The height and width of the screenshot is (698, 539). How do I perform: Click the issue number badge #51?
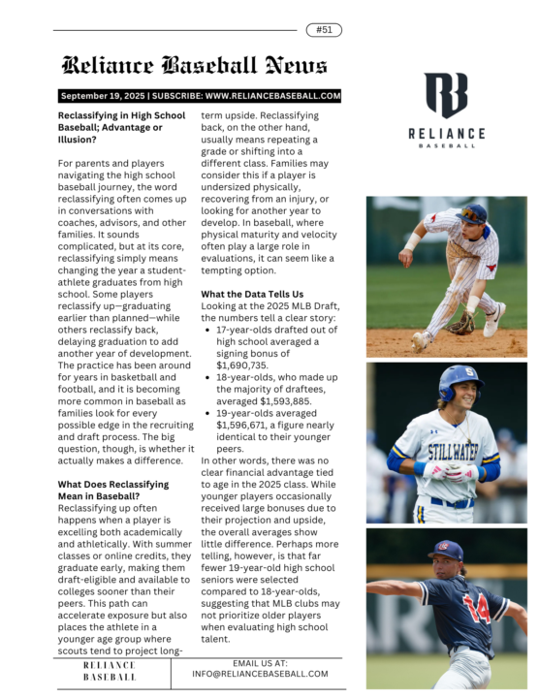tap(324, 30)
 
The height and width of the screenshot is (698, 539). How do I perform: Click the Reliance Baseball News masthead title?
tap(195, 66)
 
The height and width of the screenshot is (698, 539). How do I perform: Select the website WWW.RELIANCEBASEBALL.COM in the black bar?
tap(273, 96)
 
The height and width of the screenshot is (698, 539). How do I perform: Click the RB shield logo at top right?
tap(446, 95)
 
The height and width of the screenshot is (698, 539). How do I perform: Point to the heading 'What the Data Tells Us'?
tap(252, 294)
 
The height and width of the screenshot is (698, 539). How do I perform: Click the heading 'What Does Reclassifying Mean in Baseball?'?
tap(113, 491)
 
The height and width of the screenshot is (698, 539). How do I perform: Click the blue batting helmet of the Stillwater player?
tap(458, 380)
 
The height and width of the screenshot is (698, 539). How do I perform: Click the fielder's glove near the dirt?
tap(461, 325)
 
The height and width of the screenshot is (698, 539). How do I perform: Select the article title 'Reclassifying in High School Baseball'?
tap(121, 122)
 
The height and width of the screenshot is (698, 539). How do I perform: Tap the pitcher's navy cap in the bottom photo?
tap(447, 550)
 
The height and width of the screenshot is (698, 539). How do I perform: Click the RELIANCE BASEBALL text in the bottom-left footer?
tap(110, 671)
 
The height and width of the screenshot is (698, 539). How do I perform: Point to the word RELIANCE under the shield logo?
tap(446, 134)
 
